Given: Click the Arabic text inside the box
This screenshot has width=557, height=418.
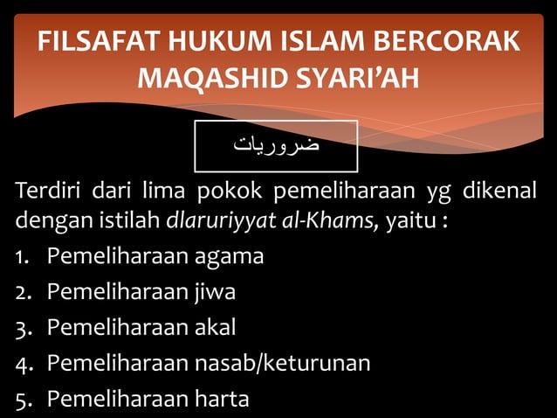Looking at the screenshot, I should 276,144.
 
